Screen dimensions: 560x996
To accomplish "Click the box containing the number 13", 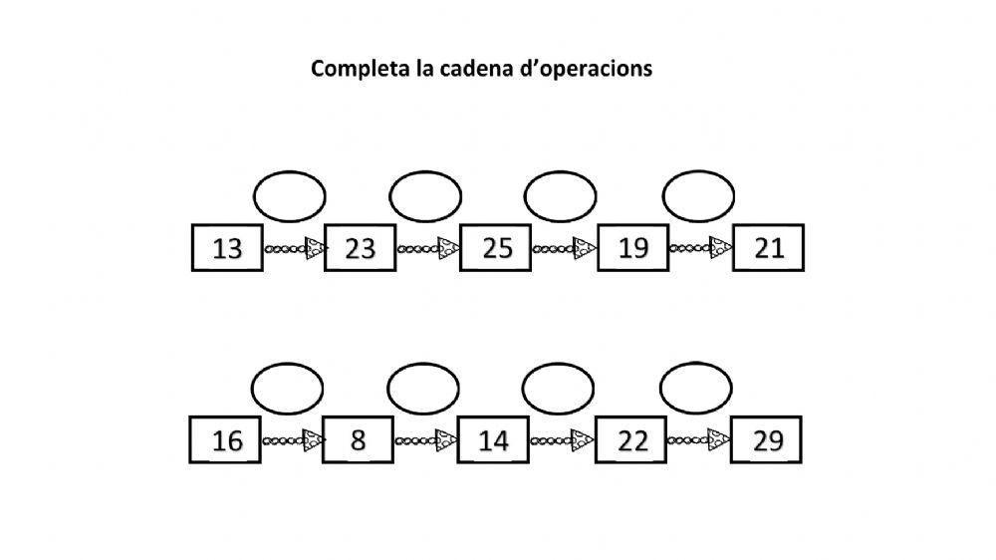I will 227,248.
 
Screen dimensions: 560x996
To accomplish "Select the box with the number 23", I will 361,248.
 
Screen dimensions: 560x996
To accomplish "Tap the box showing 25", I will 496,248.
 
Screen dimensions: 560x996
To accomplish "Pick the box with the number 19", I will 632,248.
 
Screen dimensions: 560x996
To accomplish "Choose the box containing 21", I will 768,248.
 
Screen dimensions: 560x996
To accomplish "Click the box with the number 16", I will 226,439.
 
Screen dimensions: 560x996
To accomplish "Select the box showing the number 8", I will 359,439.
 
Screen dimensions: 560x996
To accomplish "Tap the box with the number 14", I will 494,439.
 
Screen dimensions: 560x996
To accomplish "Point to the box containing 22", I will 630,439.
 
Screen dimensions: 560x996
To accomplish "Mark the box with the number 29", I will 766,439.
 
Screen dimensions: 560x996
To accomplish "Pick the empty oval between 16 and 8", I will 286,388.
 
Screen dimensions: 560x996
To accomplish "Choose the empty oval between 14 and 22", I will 558,388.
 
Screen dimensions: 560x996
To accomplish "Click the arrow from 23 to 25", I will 428,248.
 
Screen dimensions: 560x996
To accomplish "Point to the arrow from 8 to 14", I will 426,439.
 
